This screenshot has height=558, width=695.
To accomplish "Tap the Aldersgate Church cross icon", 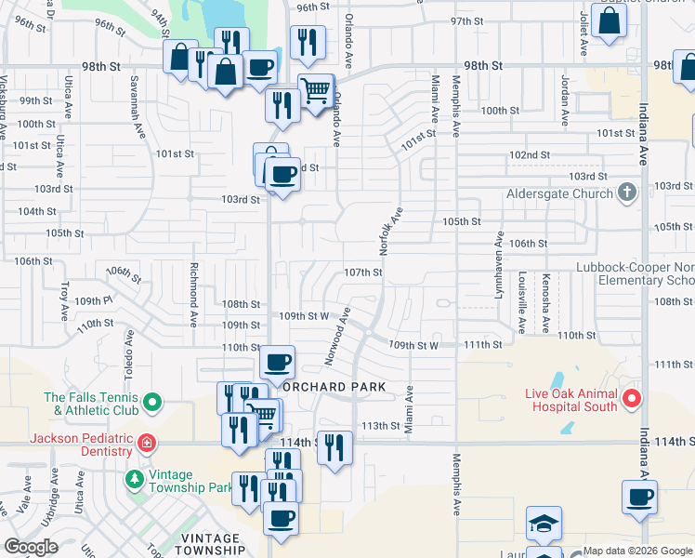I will [627, 193].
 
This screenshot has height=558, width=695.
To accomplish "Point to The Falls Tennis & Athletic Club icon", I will [153, 404].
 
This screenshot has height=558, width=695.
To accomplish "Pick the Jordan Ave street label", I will [564, 98].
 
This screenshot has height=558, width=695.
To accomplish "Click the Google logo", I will [33, 547].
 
